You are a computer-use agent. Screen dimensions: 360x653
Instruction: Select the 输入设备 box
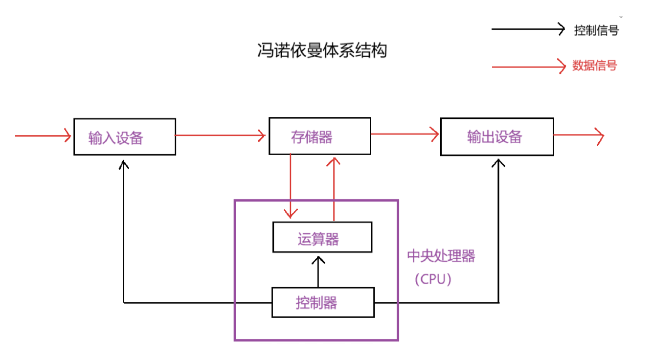tap(124, 137)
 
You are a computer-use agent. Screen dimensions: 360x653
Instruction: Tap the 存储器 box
tap(319, 136)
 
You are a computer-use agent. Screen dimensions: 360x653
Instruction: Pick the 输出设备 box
tap(497, 136)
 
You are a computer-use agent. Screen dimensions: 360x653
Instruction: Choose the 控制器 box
tap(323, 303)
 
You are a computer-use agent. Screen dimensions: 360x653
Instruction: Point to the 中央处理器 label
tap(441, 256)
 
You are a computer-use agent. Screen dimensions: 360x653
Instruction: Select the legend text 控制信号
tap(596, 30)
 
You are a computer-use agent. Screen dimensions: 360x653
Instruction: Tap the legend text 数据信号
tap(594, 66)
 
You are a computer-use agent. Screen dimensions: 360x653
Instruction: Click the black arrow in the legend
tap(528, 29)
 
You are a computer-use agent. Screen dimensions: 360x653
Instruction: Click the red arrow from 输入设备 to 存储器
tap(220, 135)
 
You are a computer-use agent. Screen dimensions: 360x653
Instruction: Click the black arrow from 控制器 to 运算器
tap(318, 271)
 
